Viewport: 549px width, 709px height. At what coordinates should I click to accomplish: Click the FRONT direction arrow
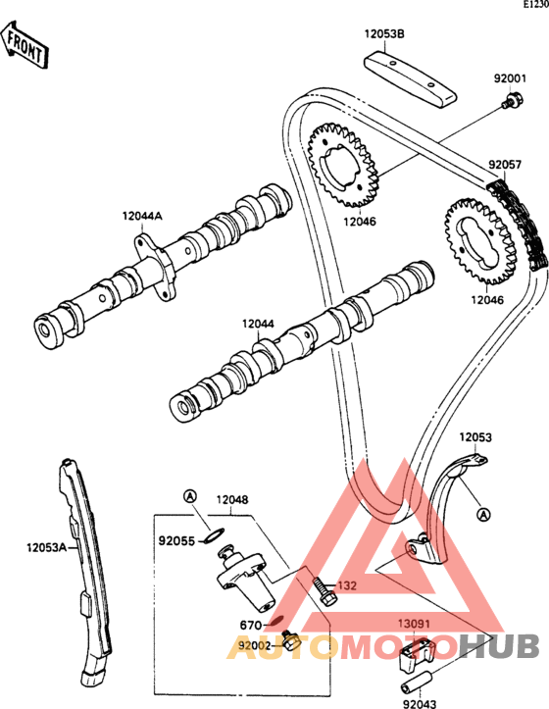(24, 45)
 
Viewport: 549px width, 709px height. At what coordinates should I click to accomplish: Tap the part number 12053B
(384, 34)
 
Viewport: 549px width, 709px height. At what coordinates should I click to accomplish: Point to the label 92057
(505, 165)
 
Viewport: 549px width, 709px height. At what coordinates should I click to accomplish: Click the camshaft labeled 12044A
(163, 266)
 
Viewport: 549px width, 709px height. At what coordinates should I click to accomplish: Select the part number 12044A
(142, 216)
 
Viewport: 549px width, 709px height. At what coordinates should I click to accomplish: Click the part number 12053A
(46, 547)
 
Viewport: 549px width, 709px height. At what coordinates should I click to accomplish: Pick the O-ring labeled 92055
(213, 534)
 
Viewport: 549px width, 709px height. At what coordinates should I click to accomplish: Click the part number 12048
(232, 500)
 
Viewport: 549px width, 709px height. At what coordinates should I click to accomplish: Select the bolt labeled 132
(324, 591)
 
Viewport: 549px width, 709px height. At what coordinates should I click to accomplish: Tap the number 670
(251, 626)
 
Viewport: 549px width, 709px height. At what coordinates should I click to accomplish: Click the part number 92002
(255, 645)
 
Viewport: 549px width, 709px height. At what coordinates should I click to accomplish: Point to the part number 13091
(414, 624)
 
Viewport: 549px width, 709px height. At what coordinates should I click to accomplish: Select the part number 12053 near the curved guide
(475, 437)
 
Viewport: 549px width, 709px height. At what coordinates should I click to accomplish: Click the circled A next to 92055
(190, 496)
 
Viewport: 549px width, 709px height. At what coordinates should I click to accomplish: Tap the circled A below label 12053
(484, 514)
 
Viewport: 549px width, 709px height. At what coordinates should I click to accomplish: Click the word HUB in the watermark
(498, 646)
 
